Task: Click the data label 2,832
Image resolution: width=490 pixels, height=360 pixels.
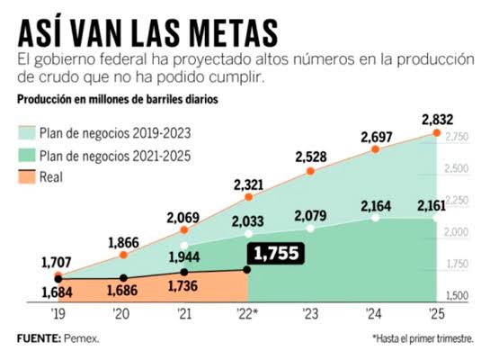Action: point(437,120)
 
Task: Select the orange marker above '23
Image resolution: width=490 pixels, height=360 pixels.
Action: point(310,171)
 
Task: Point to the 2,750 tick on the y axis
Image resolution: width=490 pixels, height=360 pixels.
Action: point(456,137)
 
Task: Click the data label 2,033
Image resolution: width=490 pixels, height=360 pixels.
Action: point(249,221)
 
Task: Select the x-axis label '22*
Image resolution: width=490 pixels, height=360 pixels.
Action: point(249,314)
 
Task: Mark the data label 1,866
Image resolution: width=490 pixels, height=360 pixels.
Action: point(123,242)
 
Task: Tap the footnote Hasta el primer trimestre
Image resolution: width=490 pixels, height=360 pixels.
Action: point(423,338)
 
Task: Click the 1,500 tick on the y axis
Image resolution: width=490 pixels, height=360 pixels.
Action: point(456,295)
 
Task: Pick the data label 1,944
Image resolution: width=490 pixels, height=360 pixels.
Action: point(184,257)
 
